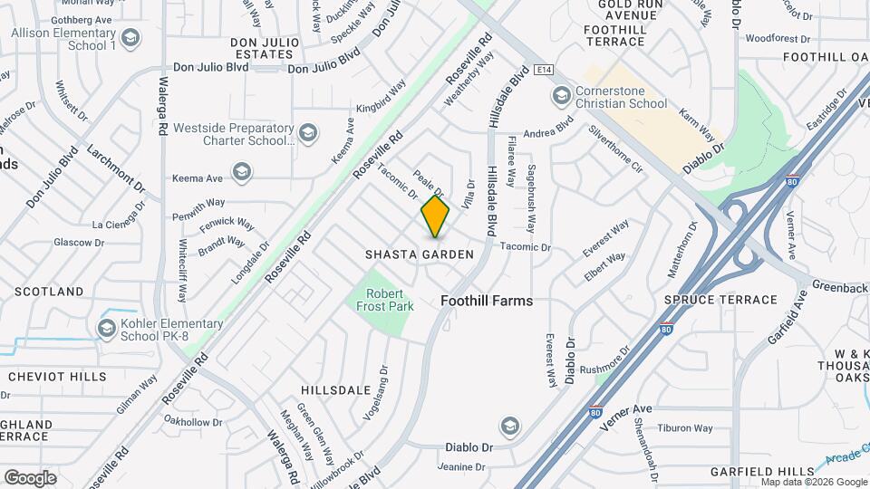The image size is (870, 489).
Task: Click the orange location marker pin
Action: [435, 216]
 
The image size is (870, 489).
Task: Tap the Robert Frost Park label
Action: [390, 300]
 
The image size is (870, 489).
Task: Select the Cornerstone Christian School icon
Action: [561, 95]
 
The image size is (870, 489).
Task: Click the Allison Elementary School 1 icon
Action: [130, 38]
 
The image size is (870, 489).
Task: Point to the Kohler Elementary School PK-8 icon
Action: [107, 327]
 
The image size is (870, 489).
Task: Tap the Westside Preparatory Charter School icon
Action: [308, 134]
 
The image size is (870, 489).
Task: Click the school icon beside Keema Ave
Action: [241, 171]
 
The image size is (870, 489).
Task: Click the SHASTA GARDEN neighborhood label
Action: [420, 254]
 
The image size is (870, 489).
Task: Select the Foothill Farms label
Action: [487, 301]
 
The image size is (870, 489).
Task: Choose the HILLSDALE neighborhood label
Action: [336, 390]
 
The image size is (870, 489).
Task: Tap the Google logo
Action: [30, 477]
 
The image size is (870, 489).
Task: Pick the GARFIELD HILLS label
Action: [763, 472]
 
